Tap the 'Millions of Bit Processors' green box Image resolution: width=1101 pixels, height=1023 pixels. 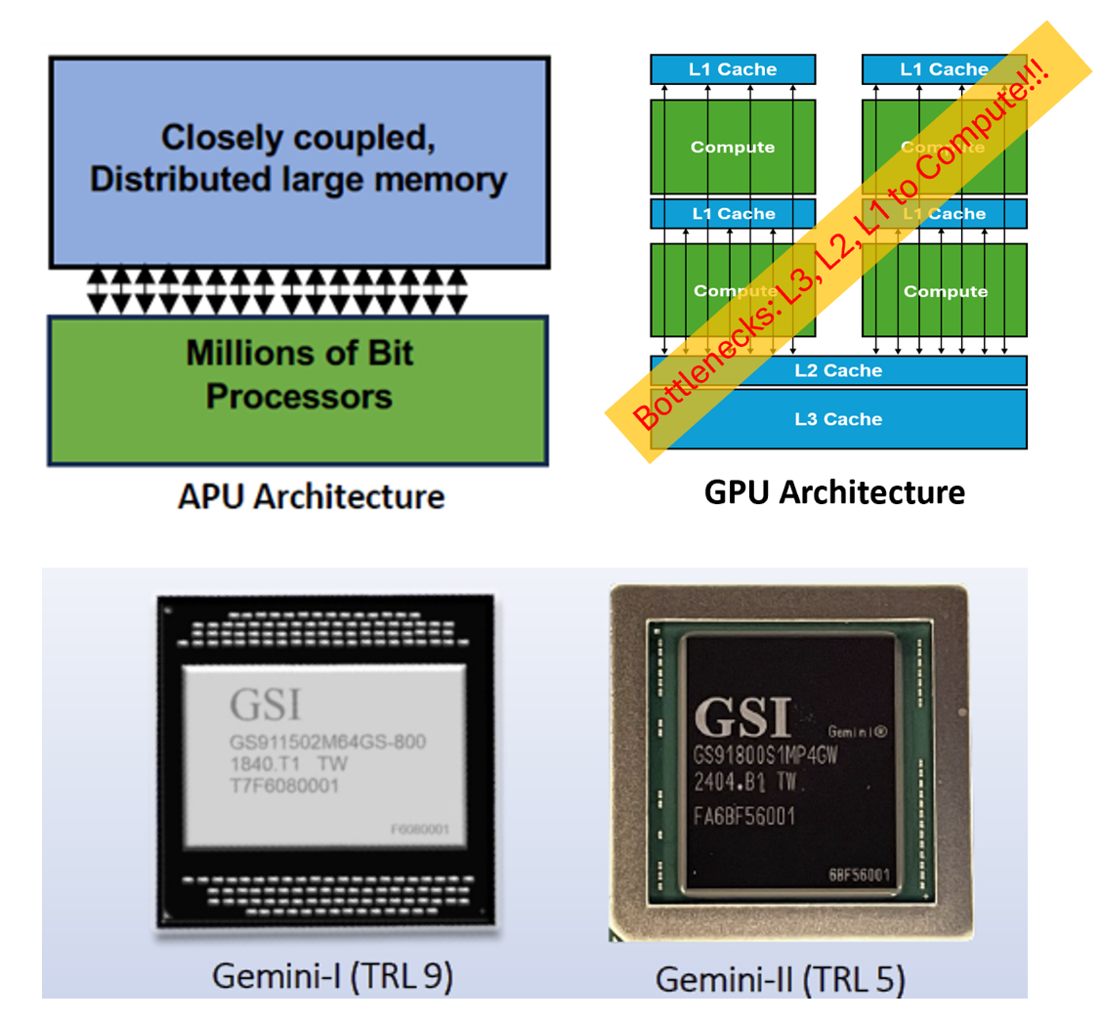(299, 376)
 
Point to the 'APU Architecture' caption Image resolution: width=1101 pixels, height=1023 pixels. (311, 496)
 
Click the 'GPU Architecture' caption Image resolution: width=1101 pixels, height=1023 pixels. (834, 491)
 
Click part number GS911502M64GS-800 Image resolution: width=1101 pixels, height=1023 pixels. (327, 743)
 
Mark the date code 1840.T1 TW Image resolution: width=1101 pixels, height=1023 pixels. (290, 763)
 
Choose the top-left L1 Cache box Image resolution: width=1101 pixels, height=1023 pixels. (733, 68)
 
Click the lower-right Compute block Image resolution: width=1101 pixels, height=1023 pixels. (945, 291)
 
